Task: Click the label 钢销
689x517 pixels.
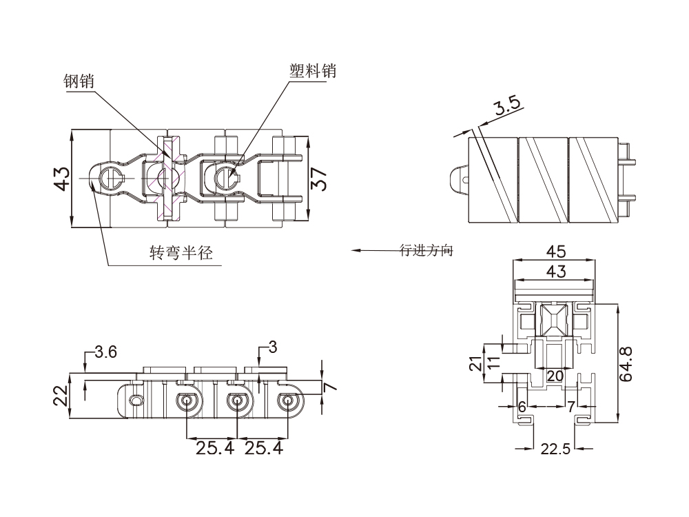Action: point(79,81)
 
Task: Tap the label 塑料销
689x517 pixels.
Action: point(312,70)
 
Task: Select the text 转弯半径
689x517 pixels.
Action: point(181,252)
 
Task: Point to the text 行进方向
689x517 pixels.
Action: point(426,250)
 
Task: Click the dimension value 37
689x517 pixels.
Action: point(318,179)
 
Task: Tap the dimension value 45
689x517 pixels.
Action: point(556,252)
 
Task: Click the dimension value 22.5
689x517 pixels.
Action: point(555,449)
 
